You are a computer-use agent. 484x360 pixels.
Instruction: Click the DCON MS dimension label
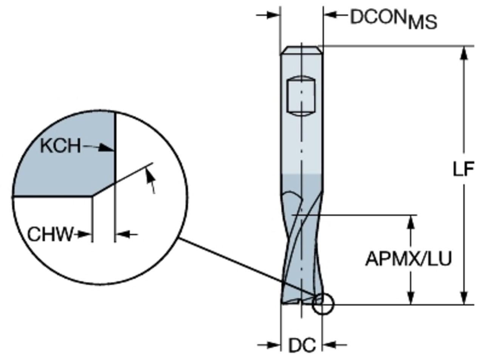[394, 19]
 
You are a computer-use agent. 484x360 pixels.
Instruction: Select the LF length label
[464, 169]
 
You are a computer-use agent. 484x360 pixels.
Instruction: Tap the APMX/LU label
[408, 259]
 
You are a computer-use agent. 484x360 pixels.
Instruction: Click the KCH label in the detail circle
[60, 146]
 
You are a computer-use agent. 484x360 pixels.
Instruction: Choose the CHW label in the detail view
[50, 235]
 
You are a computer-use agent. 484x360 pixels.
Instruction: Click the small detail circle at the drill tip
[323, 304]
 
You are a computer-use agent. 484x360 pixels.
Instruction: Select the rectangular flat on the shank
[301, 96]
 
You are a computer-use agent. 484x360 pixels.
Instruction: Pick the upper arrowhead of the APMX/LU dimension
[411, 222]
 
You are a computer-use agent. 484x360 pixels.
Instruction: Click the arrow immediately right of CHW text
[83, 235]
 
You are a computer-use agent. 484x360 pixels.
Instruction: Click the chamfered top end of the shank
[302, 50]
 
